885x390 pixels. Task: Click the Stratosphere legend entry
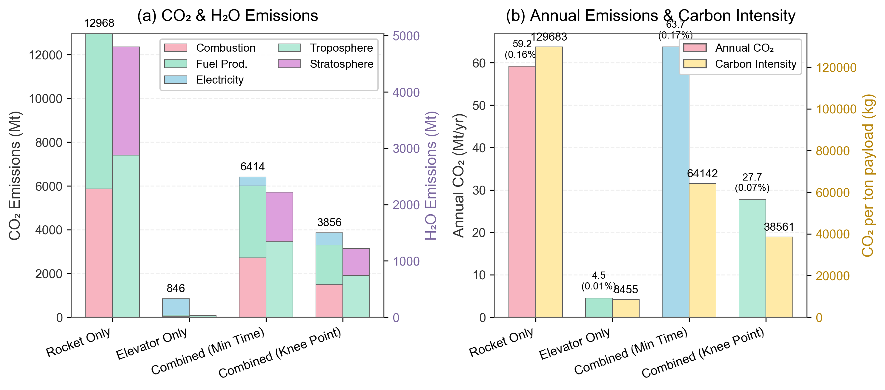coord(341,64)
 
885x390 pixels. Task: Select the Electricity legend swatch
coord(176,80)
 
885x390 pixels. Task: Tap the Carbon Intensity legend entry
coord(755,64)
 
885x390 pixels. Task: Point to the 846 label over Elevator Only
coord(176,288)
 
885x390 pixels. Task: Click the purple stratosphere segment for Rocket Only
coord(126,101)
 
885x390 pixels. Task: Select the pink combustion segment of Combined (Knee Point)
coord(329,301)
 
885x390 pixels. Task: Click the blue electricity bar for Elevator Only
coord(176,306)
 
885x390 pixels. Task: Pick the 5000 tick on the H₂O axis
coord(406,36)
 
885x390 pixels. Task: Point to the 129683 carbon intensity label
coord(549,37)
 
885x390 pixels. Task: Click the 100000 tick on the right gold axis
coord(836,109)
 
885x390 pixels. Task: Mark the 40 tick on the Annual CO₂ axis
coord(479,148)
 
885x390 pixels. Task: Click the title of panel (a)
coord(228,16)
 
